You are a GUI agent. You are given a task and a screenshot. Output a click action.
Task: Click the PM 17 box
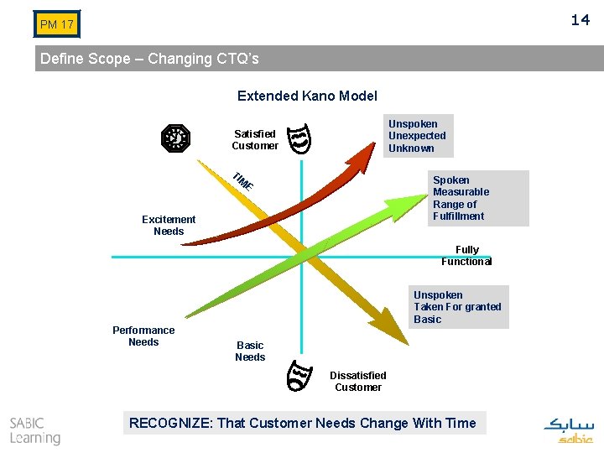coord(57,24)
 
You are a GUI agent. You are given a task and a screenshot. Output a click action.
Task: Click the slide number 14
coord(581,19)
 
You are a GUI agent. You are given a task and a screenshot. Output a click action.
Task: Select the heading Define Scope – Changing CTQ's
coord(150,59)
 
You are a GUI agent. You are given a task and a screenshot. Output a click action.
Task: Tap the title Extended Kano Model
coord(307,96)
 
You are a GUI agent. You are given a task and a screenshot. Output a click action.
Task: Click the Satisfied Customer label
coord(255,139)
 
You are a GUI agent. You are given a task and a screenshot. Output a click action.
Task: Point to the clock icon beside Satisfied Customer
coord(176,138)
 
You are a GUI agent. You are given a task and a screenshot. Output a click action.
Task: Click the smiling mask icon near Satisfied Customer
coord(300,138)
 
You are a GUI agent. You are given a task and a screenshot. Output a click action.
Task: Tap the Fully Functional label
coord(466,255)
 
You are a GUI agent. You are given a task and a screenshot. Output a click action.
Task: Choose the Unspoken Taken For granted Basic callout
coord(458,307)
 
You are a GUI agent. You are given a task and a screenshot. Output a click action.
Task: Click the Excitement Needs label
coord(169,225)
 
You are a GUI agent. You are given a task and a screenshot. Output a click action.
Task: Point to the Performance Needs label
coord(143,336)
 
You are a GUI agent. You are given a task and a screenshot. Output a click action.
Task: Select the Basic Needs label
coord(250,351)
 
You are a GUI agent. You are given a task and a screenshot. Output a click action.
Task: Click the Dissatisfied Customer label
coord(358,381)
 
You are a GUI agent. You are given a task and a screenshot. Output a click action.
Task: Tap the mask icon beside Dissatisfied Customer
coord(299,375)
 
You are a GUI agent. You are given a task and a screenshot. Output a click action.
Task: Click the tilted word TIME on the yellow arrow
coord(243,180)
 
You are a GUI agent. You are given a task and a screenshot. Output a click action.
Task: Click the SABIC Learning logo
coord(35,430)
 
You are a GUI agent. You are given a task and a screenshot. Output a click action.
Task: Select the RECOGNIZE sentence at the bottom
coord(302,423)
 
